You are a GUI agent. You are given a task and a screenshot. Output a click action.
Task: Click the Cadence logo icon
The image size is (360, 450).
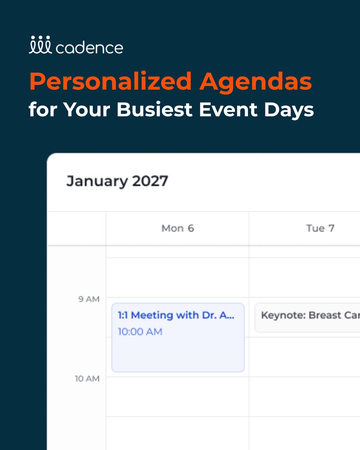40,45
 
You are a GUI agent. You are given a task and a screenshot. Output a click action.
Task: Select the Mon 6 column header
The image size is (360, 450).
177,228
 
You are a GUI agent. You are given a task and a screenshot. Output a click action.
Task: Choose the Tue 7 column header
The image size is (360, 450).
320,228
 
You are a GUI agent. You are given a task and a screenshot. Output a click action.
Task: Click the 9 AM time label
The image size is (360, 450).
89,299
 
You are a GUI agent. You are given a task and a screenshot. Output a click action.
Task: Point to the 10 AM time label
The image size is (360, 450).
87,379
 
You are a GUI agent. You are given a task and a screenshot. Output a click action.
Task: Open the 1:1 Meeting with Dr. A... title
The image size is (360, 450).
176,315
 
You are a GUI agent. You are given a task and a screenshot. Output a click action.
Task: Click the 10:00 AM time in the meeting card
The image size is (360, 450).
140,332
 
